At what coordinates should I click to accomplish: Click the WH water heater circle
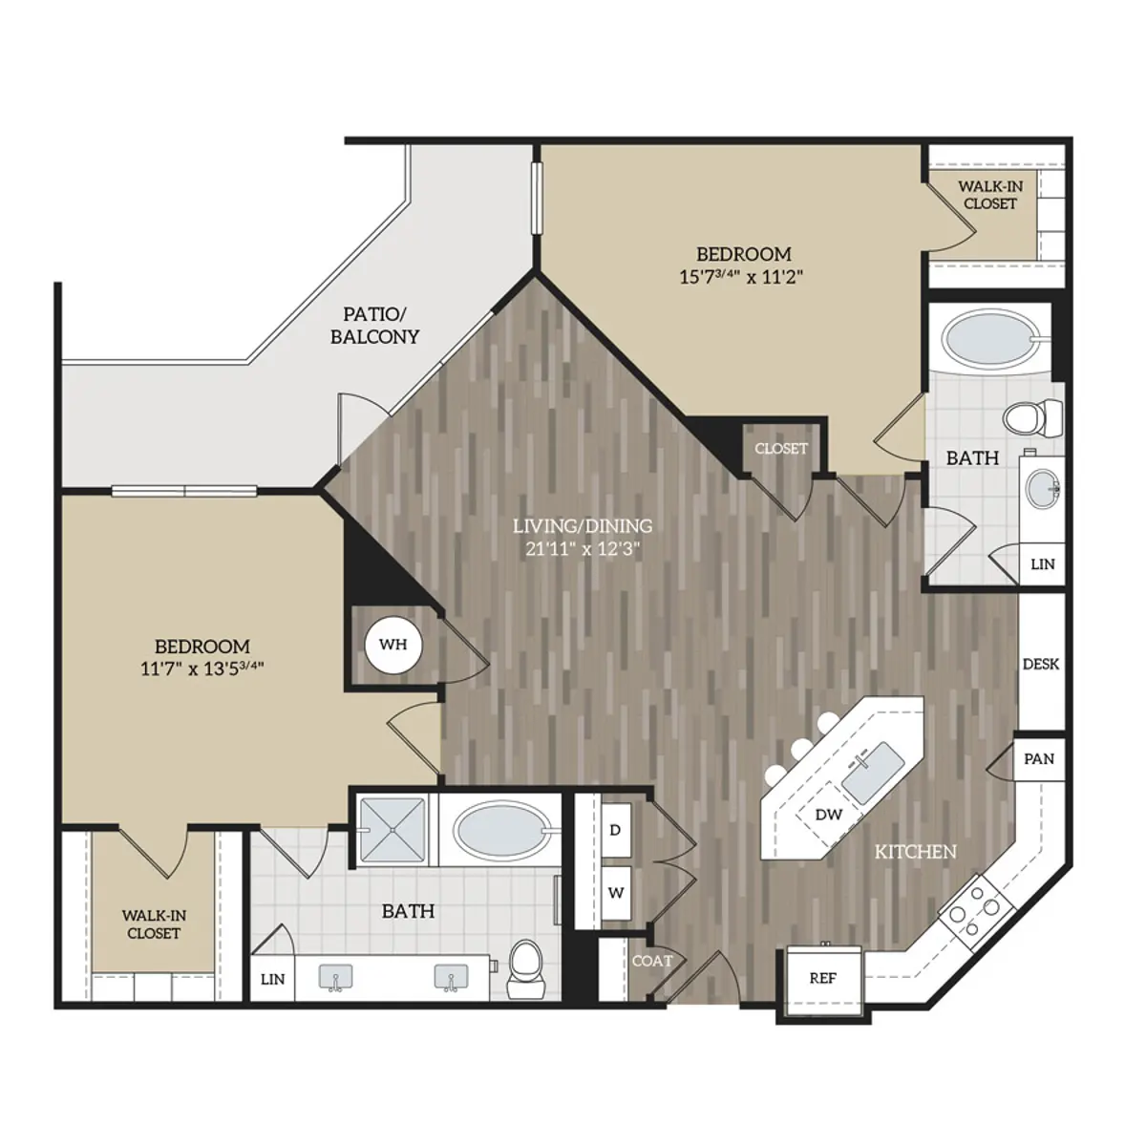coord(393,645)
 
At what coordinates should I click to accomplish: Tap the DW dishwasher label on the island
coord(829,815)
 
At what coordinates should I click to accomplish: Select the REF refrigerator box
coord(822,979)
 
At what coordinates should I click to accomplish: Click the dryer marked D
coord(616,830)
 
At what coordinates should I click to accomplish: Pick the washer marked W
coord(616,894)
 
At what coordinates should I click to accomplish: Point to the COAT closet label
coord(652,961)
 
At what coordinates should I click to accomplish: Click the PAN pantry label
coord(1038,759)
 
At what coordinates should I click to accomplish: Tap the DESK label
coord(1040,665)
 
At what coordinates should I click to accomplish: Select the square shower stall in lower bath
coord(393,829)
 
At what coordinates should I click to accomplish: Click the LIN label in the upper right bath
coord(1042,564)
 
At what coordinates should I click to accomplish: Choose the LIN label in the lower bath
coord(272,979)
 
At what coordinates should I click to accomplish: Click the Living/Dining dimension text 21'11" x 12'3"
coord(582,549)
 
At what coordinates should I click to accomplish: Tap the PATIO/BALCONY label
coord(374,326)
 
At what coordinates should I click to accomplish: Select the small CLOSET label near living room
coord(780,449)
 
